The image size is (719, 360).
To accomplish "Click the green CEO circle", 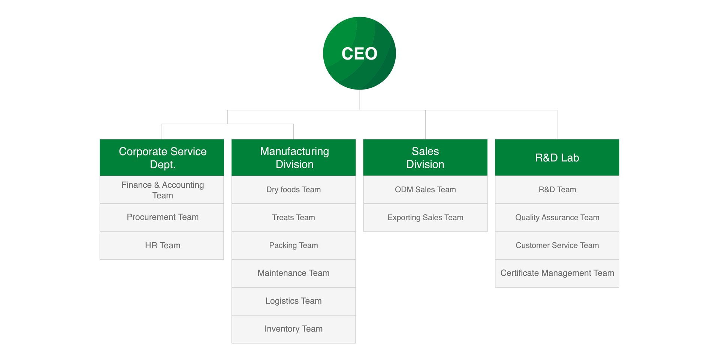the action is pos(359,53).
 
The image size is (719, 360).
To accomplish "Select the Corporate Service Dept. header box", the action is pos(162,157).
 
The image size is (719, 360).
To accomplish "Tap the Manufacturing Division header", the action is pos(294,157).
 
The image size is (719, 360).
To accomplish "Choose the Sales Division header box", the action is pos(425,157).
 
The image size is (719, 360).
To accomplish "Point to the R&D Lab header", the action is pos(557,157).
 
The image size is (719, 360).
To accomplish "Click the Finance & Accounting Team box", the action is pos(162,190).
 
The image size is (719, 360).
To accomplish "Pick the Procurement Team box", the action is pos(162,217).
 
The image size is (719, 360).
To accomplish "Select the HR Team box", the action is pos(162,245).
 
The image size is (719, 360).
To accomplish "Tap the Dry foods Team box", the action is pos(294,190).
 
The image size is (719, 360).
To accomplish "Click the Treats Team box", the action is pos(294,217).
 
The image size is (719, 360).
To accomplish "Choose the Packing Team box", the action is pos(294,245).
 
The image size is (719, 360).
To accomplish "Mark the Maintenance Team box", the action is pos(294,273).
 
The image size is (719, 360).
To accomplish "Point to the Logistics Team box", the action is pos(294,301).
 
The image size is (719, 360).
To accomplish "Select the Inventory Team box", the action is pos(294,329).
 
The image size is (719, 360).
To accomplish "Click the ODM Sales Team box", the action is pos(425,190).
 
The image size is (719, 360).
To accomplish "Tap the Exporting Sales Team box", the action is pos(425,217).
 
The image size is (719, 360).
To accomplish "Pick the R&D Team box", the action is pos(557,190).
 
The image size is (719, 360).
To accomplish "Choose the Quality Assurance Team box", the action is pos(557,217).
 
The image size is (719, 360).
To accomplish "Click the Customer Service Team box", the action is pos(557,245).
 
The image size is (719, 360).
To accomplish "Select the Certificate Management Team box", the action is pos(557,273).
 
